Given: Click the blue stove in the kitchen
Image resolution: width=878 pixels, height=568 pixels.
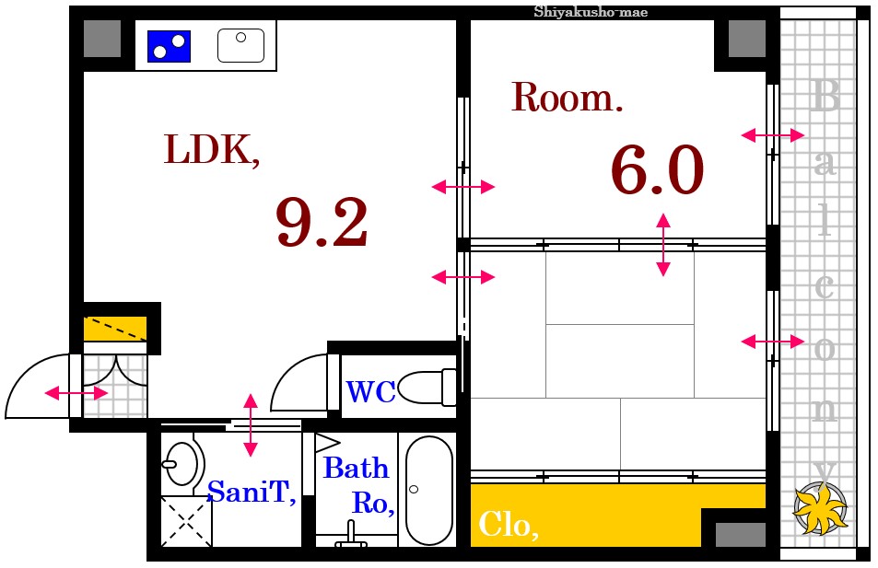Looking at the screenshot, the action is click(170, 46).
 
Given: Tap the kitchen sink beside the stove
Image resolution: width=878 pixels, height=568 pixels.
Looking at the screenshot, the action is click(240, 45).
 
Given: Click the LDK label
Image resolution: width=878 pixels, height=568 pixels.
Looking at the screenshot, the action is click(212, 149).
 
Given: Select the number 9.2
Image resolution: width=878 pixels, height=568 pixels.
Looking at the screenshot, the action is click(322, 222).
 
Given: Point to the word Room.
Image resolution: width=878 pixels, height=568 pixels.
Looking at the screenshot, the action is click(567, 98).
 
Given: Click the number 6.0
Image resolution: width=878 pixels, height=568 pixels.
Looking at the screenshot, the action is click(657, 169).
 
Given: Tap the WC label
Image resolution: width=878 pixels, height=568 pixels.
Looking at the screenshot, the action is click(370, 392).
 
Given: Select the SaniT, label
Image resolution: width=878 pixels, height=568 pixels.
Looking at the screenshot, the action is click(252, 492).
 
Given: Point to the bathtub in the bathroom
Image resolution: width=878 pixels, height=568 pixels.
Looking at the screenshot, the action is click(429, 491).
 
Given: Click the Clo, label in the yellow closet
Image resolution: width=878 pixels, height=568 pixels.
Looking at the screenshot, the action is click(509, 525).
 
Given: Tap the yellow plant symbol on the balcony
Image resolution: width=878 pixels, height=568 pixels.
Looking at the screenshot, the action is click(820, 508).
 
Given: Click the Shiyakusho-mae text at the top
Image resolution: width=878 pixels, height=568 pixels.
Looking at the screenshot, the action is click(591, 12).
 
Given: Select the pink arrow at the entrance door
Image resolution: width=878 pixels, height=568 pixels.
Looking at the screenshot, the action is click(76, 393).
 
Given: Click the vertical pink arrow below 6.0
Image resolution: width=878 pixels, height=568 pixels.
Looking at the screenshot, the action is click(663, 245).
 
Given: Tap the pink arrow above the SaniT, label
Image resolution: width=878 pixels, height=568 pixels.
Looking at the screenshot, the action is click(251, 424).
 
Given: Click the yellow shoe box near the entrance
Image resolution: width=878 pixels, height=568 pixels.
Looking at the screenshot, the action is click(115, 329).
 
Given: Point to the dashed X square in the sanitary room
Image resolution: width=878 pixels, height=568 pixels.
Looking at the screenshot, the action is click(186, 522).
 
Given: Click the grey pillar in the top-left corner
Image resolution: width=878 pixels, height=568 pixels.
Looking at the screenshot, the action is click(102, 39).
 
